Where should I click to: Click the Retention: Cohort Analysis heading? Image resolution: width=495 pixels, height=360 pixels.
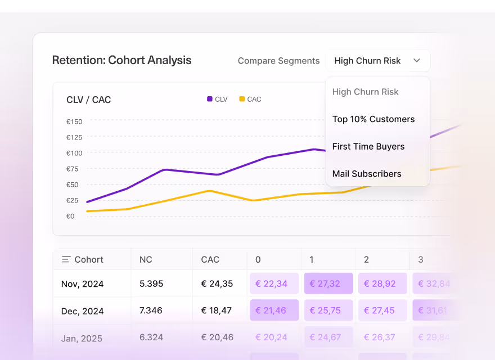click(121, 60)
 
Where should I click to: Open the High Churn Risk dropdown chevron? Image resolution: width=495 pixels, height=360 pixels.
click(417, 61)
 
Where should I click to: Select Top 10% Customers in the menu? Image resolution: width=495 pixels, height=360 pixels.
click(373, 119)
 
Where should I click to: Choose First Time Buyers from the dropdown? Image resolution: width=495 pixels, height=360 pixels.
click(368, 146)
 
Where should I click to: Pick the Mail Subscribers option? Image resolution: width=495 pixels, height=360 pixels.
click(367, 174)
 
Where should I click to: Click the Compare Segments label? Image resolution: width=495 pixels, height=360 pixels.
click(278, 61)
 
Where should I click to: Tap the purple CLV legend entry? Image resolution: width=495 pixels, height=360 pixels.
click(217, 99)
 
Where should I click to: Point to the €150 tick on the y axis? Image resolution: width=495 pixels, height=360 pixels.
click(74, 121)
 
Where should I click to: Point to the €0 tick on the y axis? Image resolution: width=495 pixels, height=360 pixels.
click(70, 216)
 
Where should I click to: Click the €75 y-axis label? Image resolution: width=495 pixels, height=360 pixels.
click(72, 169)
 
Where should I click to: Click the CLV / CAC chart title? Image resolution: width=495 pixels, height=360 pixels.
click(89, 100)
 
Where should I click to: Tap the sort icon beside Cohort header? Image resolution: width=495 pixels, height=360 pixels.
click(66, 259)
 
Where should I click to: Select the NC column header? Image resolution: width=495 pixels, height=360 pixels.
click(146, 259)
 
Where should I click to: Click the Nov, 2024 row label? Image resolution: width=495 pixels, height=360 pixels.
click(82, 283)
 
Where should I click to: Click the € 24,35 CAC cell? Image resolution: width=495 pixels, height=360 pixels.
click(217, 283)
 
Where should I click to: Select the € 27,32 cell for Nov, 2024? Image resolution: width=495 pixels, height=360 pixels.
click(328, 283)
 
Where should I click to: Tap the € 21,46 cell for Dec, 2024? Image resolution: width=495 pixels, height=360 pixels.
click(274, 310)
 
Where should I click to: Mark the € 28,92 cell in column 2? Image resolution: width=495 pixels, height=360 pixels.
click(383, 283)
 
